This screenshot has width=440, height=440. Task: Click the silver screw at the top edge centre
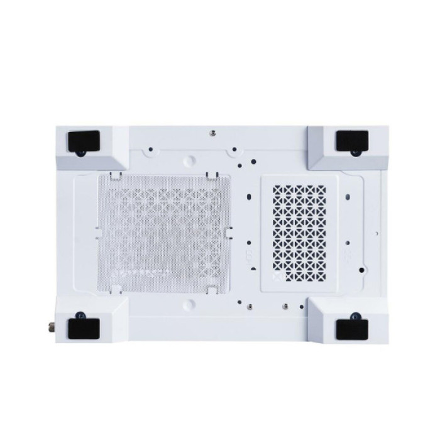coord(212,133)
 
